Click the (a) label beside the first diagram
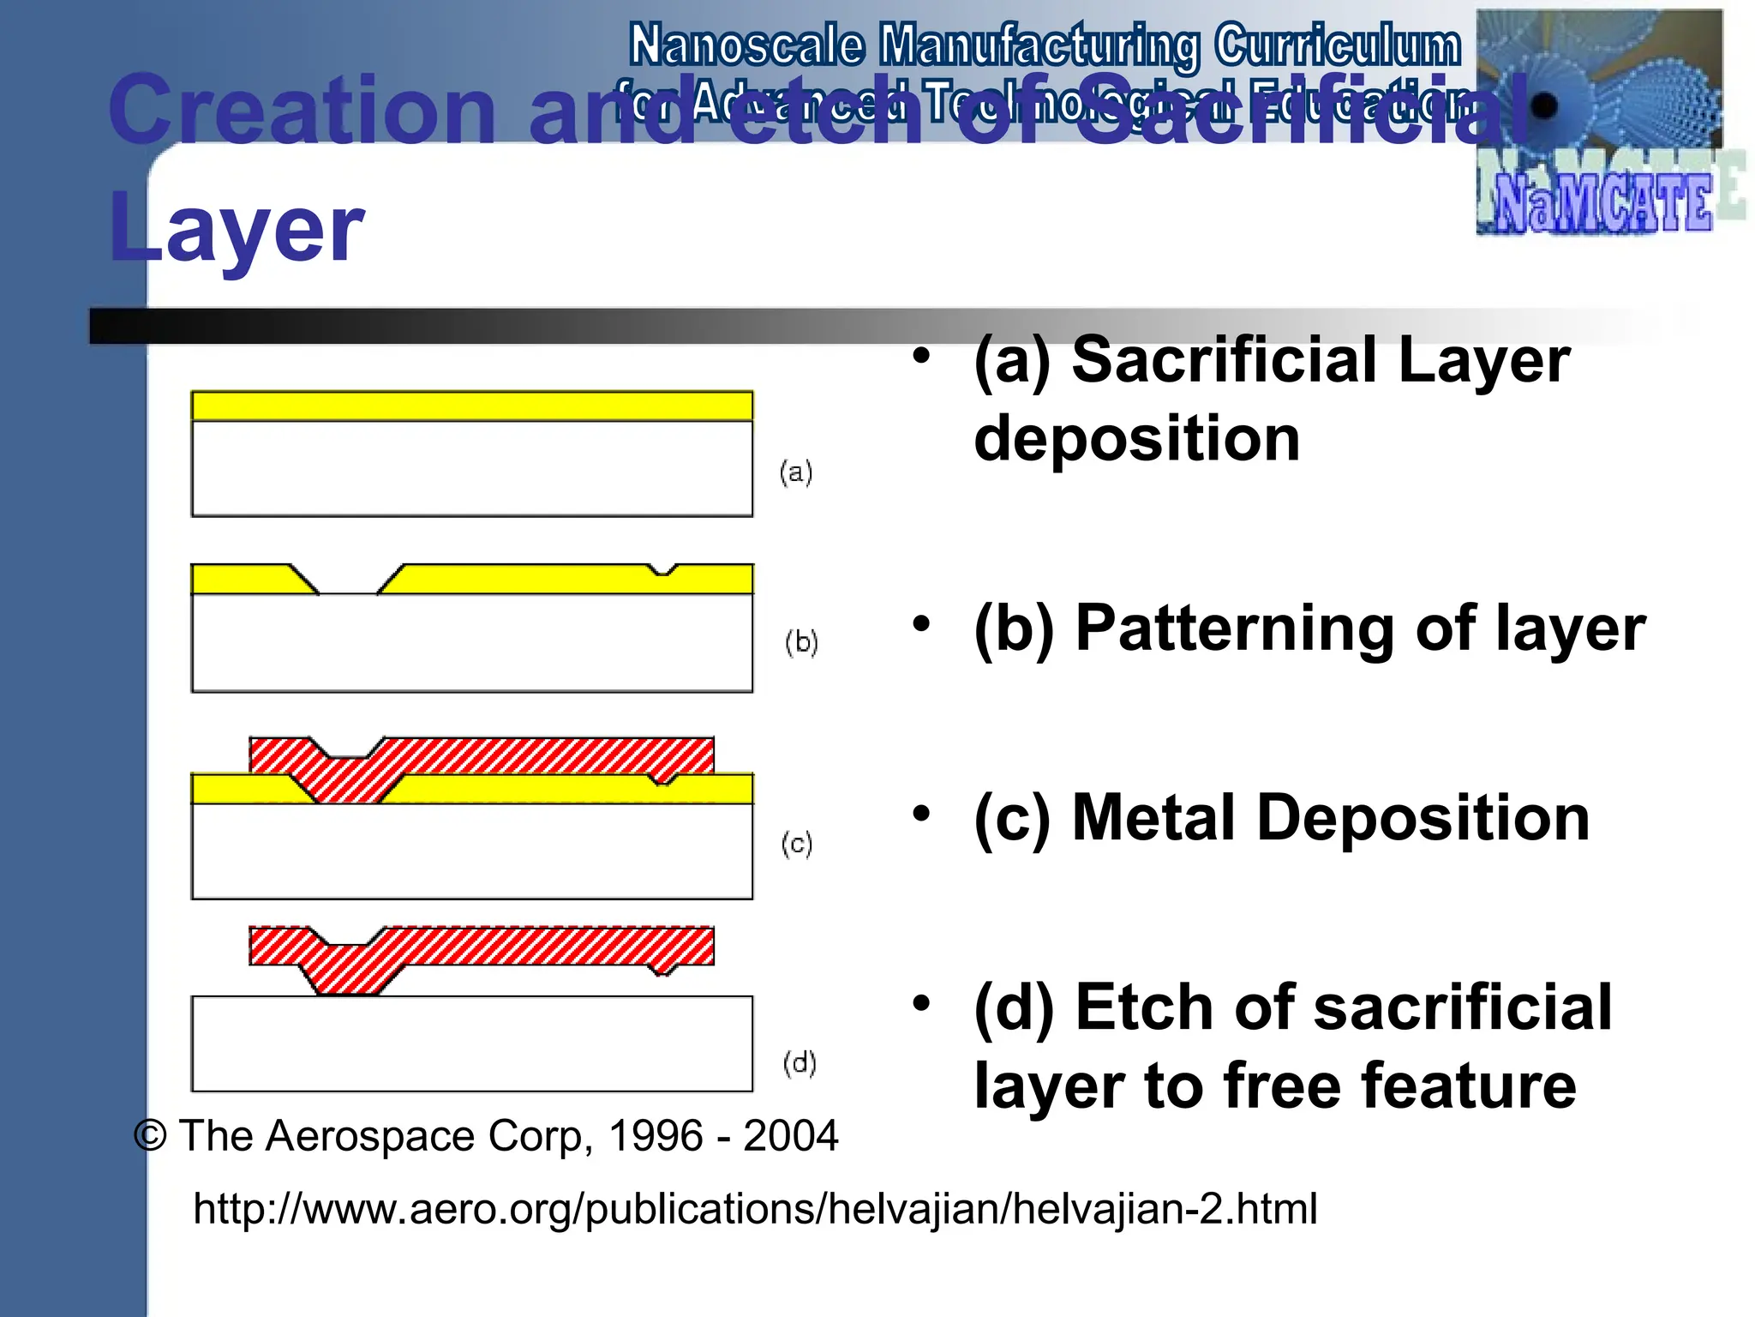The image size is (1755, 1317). point(796,472)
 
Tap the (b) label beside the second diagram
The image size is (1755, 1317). point(801,642)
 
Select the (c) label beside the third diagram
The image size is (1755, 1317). point(797,844)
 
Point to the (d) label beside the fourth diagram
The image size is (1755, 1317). point(800,1063)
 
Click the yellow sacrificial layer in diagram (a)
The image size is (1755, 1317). point(471,406)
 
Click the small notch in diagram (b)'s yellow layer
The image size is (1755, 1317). point(662,570)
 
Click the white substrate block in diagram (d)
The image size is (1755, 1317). point(471,1043)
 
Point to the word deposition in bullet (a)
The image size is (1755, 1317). point(1137,438)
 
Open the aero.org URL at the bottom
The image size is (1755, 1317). point(755,1208)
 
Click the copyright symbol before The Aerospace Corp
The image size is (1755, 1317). point(151,1136)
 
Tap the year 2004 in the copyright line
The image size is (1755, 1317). point(790,1136)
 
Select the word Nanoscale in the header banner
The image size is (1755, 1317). point(746,45)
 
